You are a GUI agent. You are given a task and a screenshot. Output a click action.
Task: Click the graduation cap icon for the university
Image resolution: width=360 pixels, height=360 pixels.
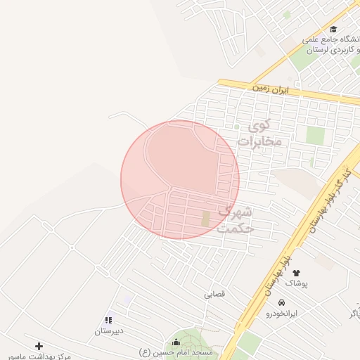click(333, 30)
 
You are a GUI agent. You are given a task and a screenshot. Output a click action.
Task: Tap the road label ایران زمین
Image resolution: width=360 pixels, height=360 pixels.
click(271, 89)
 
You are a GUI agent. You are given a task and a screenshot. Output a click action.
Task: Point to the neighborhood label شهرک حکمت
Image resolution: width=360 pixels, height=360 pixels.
click(236, 219)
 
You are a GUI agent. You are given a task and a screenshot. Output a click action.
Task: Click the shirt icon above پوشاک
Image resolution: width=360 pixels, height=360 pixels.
click(296, 271)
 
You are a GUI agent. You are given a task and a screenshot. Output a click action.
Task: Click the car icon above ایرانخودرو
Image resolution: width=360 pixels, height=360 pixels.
click(282, 302)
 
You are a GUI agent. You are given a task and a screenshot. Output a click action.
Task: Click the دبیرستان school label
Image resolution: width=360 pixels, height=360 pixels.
click(109, 330)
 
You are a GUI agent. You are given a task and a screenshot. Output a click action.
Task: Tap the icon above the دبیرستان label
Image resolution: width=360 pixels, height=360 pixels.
click(109, 320)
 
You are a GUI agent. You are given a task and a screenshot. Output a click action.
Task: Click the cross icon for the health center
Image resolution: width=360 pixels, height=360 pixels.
click(39, 346)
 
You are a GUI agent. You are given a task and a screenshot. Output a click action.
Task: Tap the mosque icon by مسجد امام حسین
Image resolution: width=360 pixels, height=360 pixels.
click(174, 342)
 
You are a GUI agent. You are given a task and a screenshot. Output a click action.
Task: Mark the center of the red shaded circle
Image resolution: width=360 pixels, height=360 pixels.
click(180, 180)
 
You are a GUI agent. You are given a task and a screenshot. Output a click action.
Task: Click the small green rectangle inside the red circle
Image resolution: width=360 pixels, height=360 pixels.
click(205, 219)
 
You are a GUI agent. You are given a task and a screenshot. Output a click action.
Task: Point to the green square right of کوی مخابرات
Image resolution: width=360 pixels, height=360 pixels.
click(315, 136)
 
